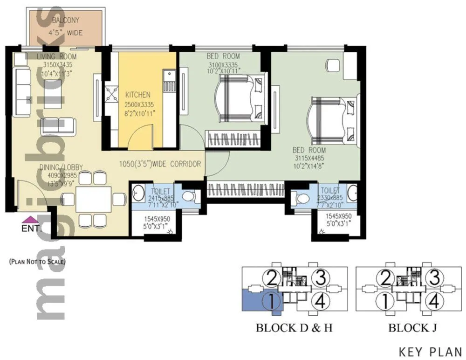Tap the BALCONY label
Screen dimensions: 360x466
click(66, 20)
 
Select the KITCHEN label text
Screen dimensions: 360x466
click(137, 95)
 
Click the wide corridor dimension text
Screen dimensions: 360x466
click(160, 164)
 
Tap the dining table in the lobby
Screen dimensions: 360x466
click(93, 199)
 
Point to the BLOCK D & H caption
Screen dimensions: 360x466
click(294, 328)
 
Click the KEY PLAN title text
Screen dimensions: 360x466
click(430, 351)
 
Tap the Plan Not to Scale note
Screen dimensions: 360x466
click(37, 262)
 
